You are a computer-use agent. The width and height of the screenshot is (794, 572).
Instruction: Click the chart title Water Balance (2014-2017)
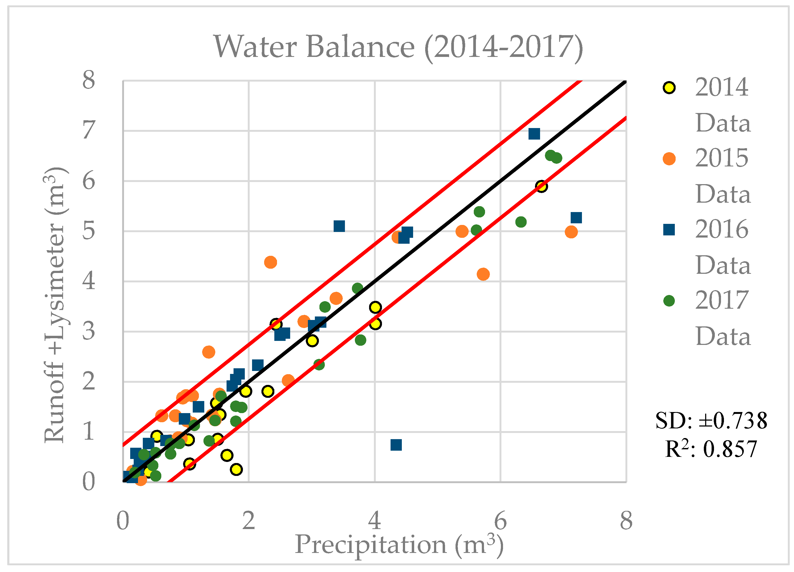[x=398, y=47]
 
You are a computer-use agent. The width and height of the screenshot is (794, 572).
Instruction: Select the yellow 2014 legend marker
[x=669, y=87]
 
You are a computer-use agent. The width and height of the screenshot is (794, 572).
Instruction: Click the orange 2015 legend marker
[x=669, y=159]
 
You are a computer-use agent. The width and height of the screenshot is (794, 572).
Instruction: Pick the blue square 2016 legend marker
[x=669, y=230]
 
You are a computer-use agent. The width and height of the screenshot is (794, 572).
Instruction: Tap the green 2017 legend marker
[x=669, y=301]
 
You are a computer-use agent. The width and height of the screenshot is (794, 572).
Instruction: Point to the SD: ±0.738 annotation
[x=711, y=421]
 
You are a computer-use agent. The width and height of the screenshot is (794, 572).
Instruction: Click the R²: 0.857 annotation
[x=711, y=449]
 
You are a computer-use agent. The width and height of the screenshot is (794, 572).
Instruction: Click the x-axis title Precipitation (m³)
[x=399, y=545]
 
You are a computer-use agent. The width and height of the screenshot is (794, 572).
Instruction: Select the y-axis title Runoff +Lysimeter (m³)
[x=55, y=305]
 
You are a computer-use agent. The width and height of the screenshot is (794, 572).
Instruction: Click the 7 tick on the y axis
[x=89, y=130]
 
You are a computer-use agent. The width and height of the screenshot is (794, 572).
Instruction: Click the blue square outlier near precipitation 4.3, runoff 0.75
[x=396, y=445]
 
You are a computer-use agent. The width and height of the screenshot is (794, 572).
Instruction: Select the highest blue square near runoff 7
[x=534, y=134]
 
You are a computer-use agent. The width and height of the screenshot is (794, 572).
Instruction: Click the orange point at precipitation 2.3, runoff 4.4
[x=271, y=262]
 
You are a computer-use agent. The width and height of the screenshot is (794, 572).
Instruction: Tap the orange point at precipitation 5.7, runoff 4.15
[x=483, y=274]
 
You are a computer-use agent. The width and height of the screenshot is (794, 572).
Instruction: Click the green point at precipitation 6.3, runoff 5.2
[x=521, y=222]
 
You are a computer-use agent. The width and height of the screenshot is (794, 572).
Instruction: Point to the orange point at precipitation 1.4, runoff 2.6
[x=209, y=352]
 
